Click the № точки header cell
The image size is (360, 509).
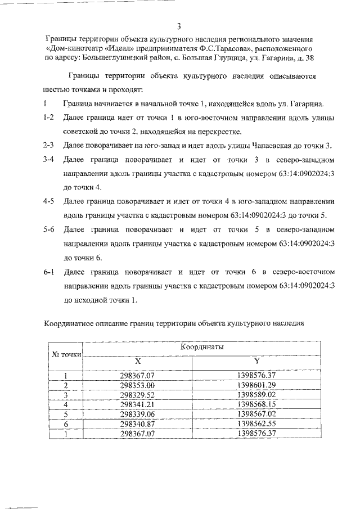[x=67, y=354]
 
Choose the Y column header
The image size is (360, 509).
[x=256, y=361]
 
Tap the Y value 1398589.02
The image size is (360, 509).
[x=256, y=395]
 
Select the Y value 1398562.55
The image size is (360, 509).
[x=256, y=424]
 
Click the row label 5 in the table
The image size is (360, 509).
[x=66, y=414]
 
